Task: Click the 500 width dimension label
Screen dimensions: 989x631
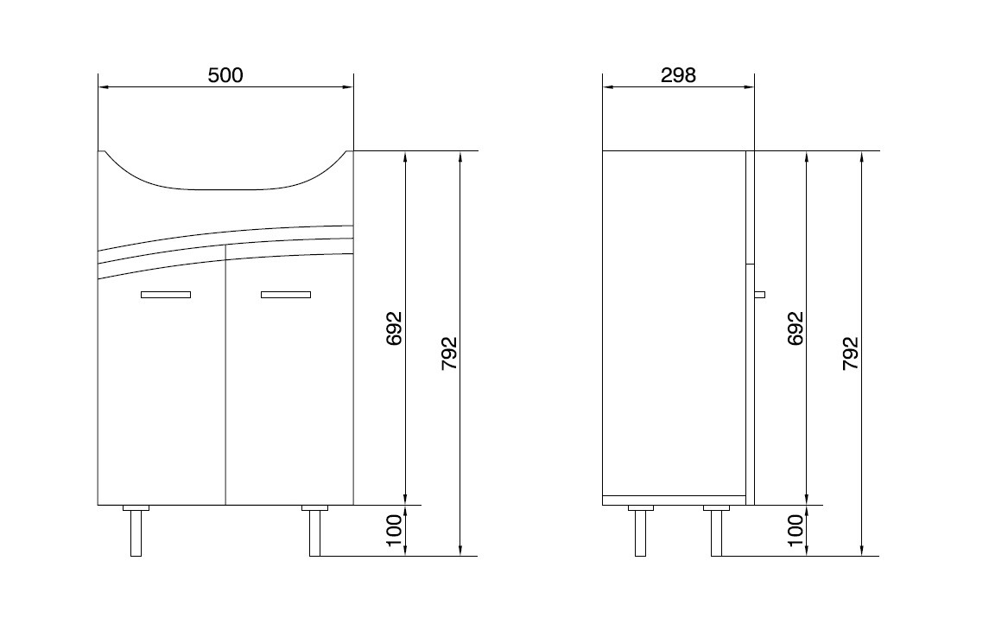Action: coord(225,75)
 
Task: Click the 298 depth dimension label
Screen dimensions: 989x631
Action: coord(678,75)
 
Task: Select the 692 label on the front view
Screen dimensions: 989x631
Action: coord(394,328)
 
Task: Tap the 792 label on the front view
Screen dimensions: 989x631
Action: coord(448,354)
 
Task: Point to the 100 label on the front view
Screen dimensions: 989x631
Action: coord(394,530)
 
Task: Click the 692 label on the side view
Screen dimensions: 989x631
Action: coord(796,328)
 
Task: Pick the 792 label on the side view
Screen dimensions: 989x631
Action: coord(851,354)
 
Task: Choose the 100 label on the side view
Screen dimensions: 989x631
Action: coord(796,530)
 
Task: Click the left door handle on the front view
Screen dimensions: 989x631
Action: coord(166,295)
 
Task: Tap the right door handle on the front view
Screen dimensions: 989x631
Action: coord(286,295)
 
